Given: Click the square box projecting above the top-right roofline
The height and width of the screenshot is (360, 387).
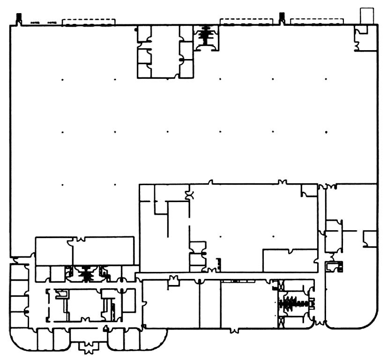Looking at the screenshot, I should click(x=367, y=15).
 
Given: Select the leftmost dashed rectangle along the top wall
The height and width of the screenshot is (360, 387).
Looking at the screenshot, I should click(x=89, y=22).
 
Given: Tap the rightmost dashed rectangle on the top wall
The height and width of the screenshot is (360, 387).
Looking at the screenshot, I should click(x=317, y=22).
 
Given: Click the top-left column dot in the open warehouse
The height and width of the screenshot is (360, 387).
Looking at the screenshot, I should click(x=62, y=79).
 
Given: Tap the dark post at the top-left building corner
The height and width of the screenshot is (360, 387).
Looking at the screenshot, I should click(x=19, y=19).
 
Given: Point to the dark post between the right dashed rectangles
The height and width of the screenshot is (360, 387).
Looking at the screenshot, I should click(x=282, y=18).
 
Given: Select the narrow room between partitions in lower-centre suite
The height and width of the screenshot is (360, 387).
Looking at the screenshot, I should click(x=210, y=305).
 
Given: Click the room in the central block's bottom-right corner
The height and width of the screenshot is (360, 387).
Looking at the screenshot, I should click(x=290, y=260).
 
